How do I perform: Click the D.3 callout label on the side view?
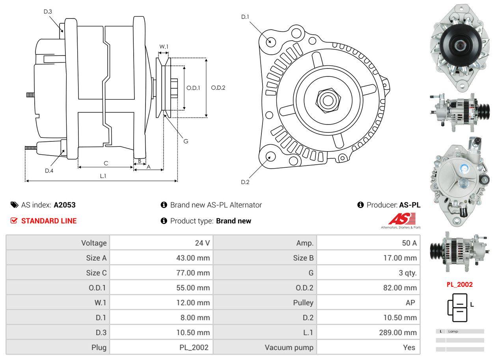pyautogui.click(x=48, y=11)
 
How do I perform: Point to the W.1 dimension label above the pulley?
pyautogui.click(x=164, y=46)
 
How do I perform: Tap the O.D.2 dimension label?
pyautogui.click(x=218, y=88)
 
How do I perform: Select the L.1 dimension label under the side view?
pyautogui.click(x=103, y=176)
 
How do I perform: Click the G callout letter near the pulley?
pyautogui.click(x=186, y=141)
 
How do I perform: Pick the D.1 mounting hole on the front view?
pyautogui.click(x=270, y=41)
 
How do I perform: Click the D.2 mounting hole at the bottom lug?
pyautogui.click(x=270, y=156)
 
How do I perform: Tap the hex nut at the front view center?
pyautogui.click(x=326, y=99)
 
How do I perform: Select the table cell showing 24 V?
pyautogui.click(x=202, y=243)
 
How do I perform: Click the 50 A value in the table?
pyautogui.click(x=409, y=243)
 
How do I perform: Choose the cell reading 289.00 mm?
pyautogui.click(x=397, y=332)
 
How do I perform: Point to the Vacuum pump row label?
pyautogui.click(x=289, y=347)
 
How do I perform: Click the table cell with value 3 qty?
pyautogui.click(x=407, y=273)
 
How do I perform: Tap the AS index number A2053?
pyautogui.click(x=65, y=205)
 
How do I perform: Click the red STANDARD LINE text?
pyautogui.click(x=49, y=221)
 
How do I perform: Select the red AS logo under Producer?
pyautogui.click(x=402, y=219)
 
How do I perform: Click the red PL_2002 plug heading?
pyautogui.click(x=459, y=284)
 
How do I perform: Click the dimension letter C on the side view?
pyautogui.click(x=106, y=163)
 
